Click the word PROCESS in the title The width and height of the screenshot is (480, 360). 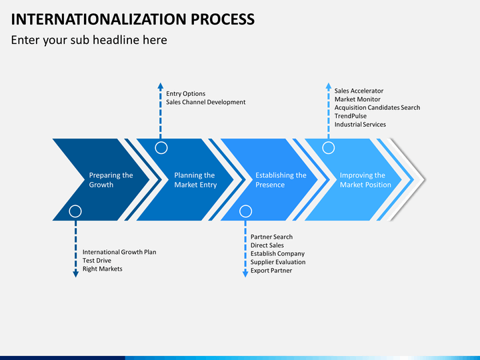pyautogui.click(x=223, y=19)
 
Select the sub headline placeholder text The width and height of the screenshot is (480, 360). pyautogui.click(x=89, y=40)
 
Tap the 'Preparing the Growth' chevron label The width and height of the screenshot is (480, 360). pyautogui.click(x=111, y=180)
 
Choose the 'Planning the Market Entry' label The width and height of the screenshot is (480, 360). pyautogui.click(x=195, y=180)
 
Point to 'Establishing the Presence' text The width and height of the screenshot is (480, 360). pyautogui.click(x=281, y=180)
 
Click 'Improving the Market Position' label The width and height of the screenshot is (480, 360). pyautogui.click(x=365, y=180)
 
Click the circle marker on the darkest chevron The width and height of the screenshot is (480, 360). pyautogui.click(x=75, y=211)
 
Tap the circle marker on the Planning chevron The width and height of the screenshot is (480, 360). pyautogui.click(x=161, y=148)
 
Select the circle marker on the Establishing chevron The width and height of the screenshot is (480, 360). pyautogui.click(x=245, y=211)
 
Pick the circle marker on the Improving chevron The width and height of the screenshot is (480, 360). pyautogui.click(x=329, y=148)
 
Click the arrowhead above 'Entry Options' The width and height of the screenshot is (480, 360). pyautogui.click(x=161, y=86)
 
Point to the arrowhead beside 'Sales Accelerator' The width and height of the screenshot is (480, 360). pyautogui.click(x=329, y=86)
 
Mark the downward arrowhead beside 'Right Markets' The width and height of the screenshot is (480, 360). pyautogui.click(x=75, y=274)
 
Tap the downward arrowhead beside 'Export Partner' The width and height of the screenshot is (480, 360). pyautogui.click(x=245, y=274)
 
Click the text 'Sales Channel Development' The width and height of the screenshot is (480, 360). pyautogui.click(x=206, y=102)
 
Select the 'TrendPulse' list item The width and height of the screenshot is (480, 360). pyautogui.click(x=350, y=116)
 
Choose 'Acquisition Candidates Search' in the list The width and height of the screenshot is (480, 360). pyautogui.click(x=377, y=108)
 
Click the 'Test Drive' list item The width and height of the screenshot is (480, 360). pyautogui.click(x=97, y=261)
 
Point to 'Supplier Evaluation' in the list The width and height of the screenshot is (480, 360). pyautogui.click(x=278, y=262)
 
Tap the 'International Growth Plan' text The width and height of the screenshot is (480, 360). pyautogui.click(x=119, y=252)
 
